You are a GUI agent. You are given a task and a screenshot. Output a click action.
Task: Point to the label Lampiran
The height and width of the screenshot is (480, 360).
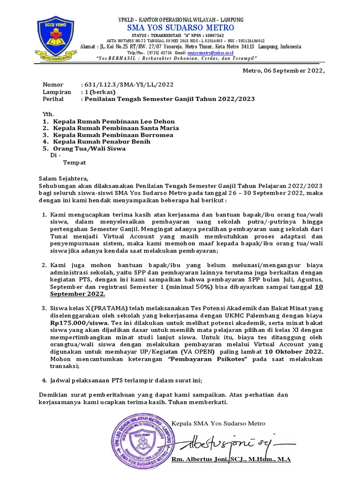pyautogui.click(x=57, y=92)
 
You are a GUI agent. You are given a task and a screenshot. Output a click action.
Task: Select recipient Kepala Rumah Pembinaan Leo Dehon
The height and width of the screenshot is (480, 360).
pyautogui.click(x=114, y=121)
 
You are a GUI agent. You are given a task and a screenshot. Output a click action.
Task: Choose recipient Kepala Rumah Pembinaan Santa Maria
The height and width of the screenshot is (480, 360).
pyautogui.click(x=116, y=128)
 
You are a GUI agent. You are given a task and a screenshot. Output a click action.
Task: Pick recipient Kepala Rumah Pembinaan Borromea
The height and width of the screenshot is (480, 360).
pyautogui.click(x=113, y=135)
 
